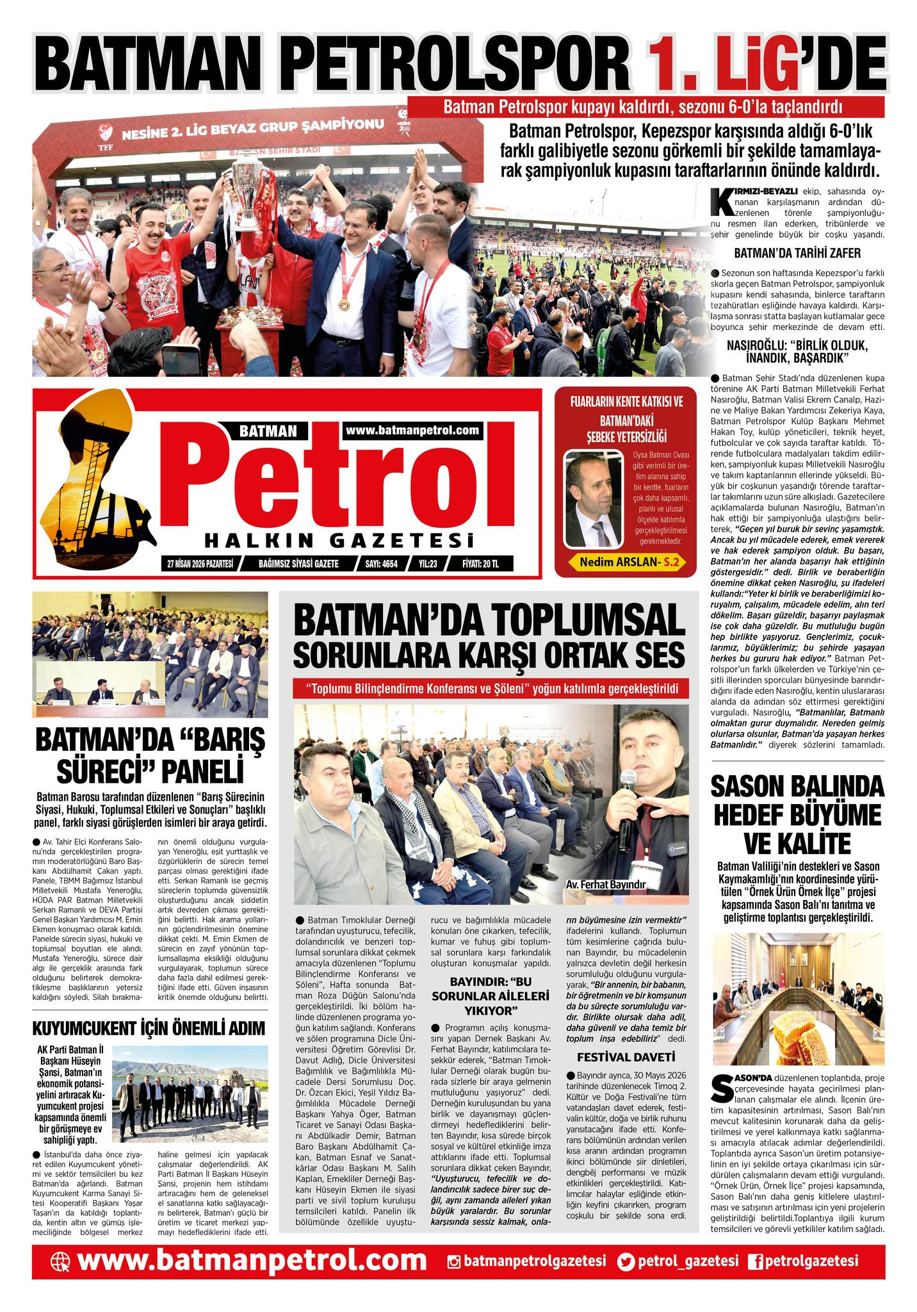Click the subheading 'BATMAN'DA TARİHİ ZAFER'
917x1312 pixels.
797,252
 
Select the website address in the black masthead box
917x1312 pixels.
412,430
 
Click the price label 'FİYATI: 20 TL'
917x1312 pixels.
480,564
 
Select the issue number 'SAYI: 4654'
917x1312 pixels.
381,564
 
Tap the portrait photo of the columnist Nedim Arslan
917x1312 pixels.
592,499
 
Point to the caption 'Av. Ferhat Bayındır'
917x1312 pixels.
605,884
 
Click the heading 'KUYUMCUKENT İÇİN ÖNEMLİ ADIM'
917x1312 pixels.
149,1028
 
